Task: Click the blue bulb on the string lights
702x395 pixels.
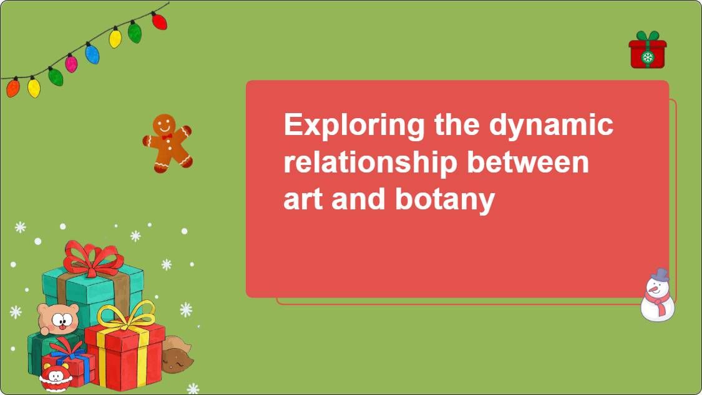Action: pyautogui.click(x=92, y=54)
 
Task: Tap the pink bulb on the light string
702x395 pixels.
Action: pyautogui.click(x=72, y=62)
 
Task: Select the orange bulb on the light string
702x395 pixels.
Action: pyautogui.click(x=13, y=87)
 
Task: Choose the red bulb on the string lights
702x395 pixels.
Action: pyautogui.click(x=159, y=21)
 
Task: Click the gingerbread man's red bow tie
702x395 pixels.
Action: pyautogui.click(x=167, y=137)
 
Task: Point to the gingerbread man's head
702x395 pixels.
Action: pyautogui.click(x=165, y=124)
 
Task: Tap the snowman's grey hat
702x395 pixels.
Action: pyautogui.click(x=660, y=275)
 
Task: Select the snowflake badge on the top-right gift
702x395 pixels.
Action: pyautogui.click(x=648, y=57)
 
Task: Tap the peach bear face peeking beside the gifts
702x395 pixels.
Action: pyautogui.click(x=58, y=318)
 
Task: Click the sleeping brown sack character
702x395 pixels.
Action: pyautogui.click(x=176, y=356)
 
